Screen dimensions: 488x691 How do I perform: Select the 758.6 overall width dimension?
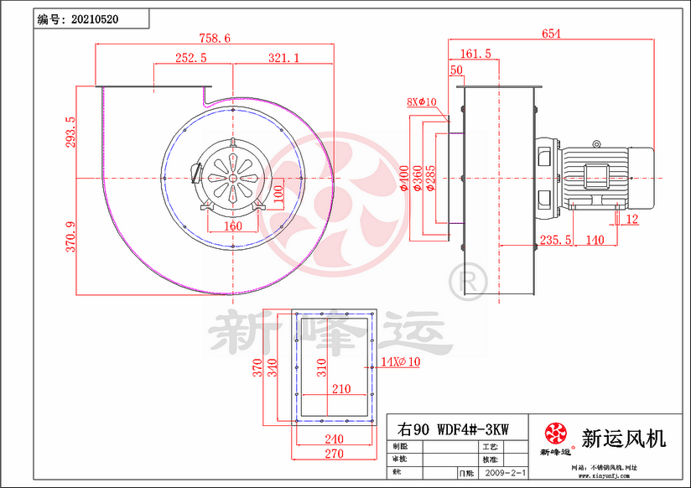(216, 38)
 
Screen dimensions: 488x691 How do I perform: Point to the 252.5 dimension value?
(190, 57)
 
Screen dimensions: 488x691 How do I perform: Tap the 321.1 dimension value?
(283, 57)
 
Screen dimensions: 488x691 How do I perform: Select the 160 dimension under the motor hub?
(232, 226)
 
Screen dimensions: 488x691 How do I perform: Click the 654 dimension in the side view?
(551, 34)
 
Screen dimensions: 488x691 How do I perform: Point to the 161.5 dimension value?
(475, 54)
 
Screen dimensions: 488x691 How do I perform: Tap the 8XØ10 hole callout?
(422, 101)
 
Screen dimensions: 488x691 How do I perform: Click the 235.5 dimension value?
(556, 240)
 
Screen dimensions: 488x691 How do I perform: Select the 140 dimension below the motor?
(595, 240)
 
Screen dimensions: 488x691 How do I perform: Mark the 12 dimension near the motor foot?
(631, 220)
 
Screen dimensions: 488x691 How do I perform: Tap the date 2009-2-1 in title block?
(505, 474)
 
